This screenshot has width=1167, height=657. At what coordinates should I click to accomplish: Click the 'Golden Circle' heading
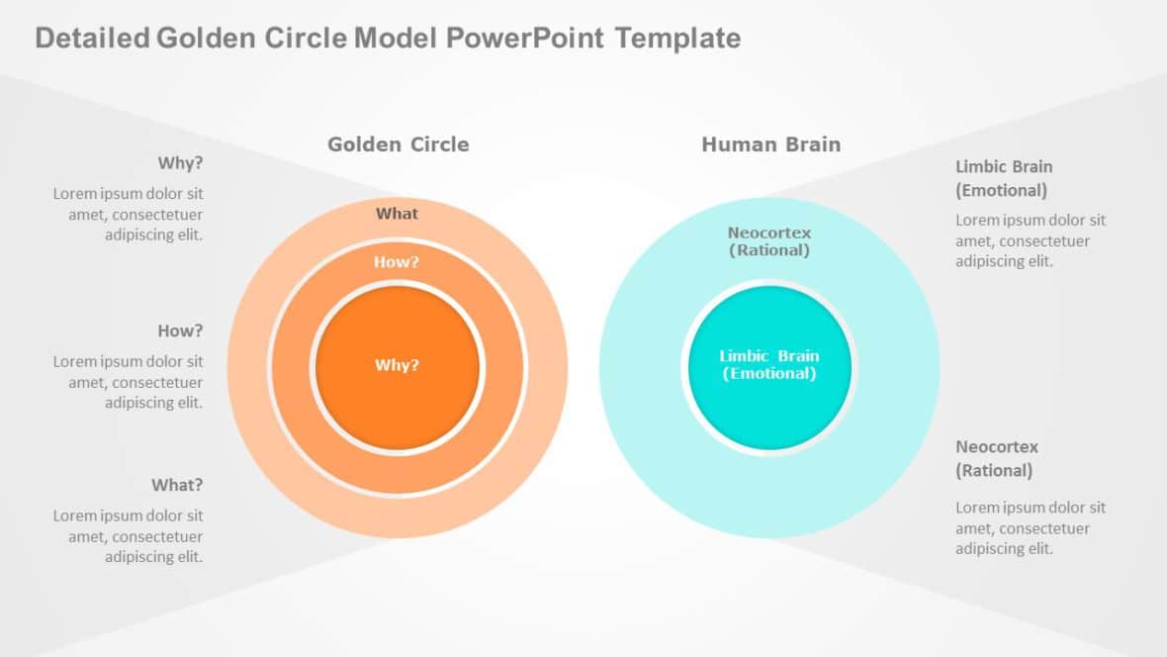[x=398, y=144]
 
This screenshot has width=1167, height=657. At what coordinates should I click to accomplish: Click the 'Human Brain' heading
[x=770, y=144]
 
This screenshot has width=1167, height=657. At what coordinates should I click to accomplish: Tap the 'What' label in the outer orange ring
[x=397, y=214]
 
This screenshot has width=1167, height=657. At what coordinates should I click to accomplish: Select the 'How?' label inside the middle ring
[x=397, y=262]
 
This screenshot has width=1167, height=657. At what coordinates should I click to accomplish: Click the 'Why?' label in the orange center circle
[x=397, y=365]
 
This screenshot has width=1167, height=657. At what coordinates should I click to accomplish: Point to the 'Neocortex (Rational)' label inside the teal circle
[x=769, y=241]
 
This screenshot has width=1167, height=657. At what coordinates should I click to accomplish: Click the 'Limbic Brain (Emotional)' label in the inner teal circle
[x=769, y=364]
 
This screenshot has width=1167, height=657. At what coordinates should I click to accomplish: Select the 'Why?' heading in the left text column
[x=180, y=163]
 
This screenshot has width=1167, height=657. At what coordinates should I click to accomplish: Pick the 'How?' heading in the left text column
[x=180, y=330]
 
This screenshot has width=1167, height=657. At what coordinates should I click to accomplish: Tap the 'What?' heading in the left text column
[x=177, y=485]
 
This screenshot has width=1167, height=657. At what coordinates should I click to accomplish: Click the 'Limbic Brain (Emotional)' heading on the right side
[x=1003, y=178]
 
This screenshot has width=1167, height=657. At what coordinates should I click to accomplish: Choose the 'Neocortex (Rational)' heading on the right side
[x=996, y=458]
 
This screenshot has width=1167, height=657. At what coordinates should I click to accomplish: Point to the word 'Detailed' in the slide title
[x=92, y=39]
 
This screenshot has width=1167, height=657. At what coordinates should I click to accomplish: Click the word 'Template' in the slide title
[x=677, y=39]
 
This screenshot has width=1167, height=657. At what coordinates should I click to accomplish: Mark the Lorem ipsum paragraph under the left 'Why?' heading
[x=129, y=214]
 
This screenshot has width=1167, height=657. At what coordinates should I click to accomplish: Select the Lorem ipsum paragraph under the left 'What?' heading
[x=129, y=535]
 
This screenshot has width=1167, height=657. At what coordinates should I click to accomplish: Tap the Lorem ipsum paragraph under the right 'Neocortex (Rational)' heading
[x=1031, y=527]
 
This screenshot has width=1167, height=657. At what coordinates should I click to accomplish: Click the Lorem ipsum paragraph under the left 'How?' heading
[x=129, y=382]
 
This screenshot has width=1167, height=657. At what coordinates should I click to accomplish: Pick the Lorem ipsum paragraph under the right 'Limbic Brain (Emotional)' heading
[x=1031, y=240]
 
